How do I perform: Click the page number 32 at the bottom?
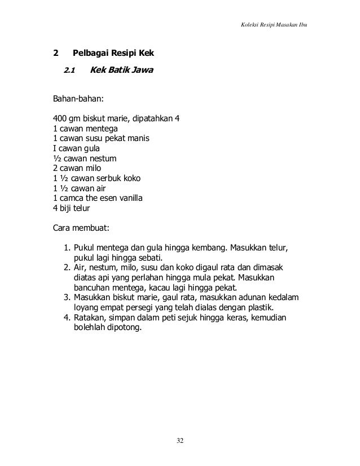pyautogui.click(x=180, y=440)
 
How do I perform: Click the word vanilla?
pyautogui.click(x=131, y=197)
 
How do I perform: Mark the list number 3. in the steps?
pyautogui.click(x=67, y=297)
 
